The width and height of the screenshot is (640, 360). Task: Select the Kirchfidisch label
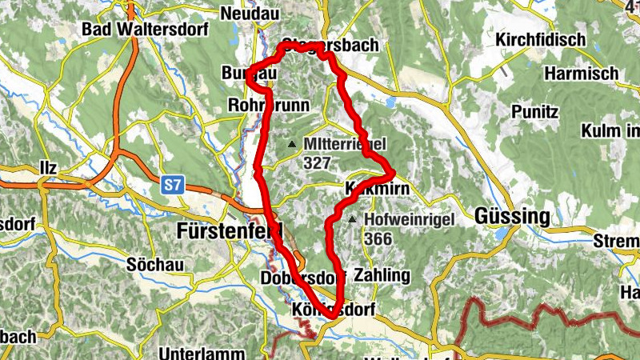[540, 39]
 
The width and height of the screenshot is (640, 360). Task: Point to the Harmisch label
[582, 74]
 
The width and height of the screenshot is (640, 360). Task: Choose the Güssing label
[513, 216]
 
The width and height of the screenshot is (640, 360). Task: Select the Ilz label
[48, 169]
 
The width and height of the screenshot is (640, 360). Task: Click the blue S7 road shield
[170, 186]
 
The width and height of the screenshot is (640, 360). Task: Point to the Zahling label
[381, 276]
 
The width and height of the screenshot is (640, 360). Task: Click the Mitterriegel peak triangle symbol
[292, 145]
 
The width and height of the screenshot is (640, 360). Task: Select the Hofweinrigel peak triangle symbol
[352, 218]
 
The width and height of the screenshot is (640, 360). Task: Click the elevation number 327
[318, 162]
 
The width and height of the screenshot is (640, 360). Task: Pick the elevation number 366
[377, 238]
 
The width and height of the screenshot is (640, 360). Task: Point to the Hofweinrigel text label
[409, 219]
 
